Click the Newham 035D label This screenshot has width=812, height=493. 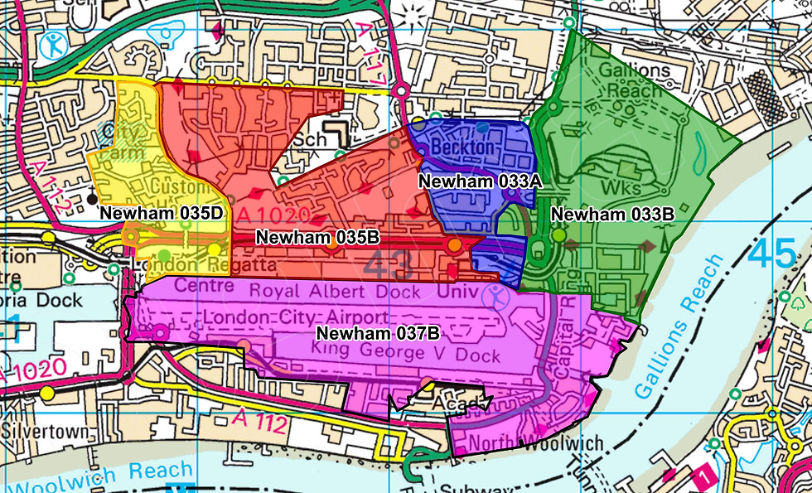point(162,213)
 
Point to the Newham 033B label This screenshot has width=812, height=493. point(612,214)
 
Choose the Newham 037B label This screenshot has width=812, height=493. point(379,334)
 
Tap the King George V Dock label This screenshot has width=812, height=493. point(406,355)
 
